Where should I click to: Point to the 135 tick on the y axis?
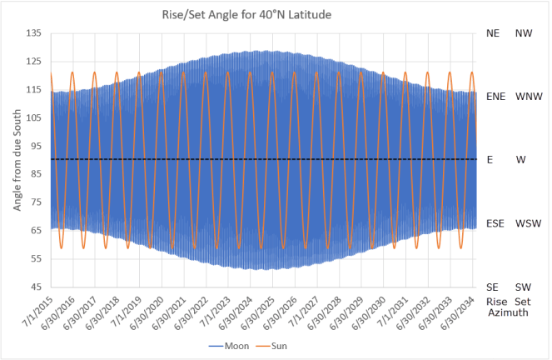point(34,33)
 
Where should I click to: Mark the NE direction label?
point(493,33)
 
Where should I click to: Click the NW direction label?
point(524,33)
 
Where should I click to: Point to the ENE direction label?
point(496,97)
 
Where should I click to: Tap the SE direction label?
point(492,287)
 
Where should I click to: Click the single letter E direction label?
point(490,160)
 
